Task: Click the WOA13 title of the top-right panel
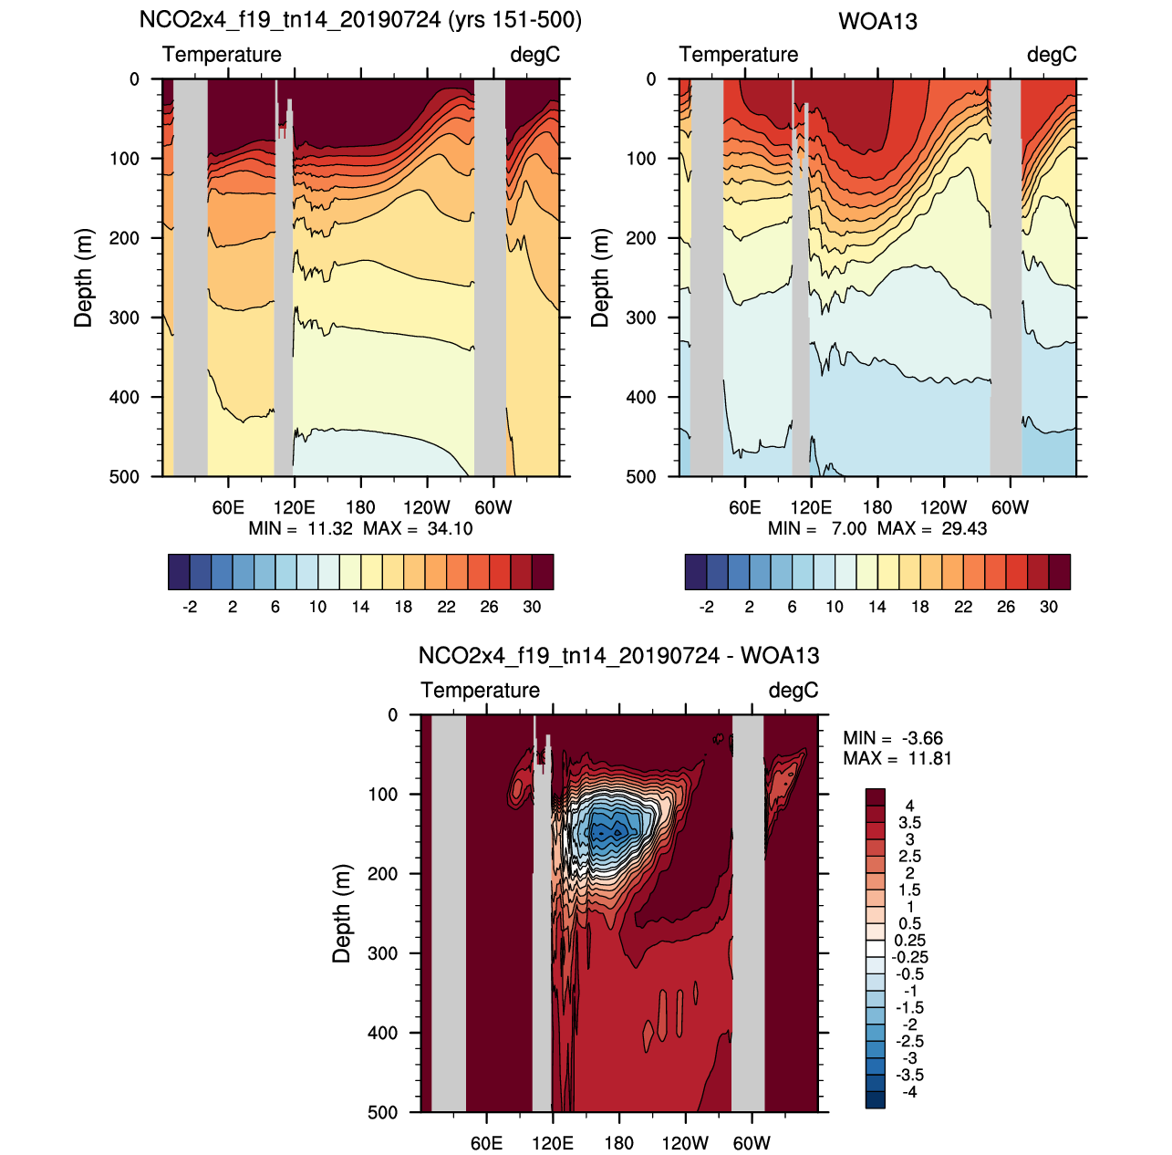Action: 877,21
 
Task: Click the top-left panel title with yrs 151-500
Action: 360,20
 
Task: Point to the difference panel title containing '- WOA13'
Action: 618,656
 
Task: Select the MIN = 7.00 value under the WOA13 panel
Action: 817,529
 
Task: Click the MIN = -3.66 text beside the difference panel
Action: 893,738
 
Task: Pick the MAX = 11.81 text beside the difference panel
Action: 897,759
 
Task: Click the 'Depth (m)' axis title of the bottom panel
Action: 342,913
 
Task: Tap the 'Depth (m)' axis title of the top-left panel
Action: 84,277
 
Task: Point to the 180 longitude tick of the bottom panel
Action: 619,1143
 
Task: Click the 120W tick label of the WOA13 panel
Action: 943,508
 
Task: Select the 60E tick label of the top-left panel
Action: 228,508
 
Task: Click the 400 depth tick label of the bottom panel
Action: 382,1033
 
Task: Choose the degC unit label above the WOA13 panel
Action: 1052,55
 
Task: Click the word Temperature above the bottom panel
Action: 481,691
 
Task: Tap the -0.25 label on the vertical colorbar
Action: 909,957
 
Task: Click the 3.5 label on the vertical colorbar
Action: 909,823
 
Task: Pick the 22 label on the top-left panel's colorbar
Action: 446,608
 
